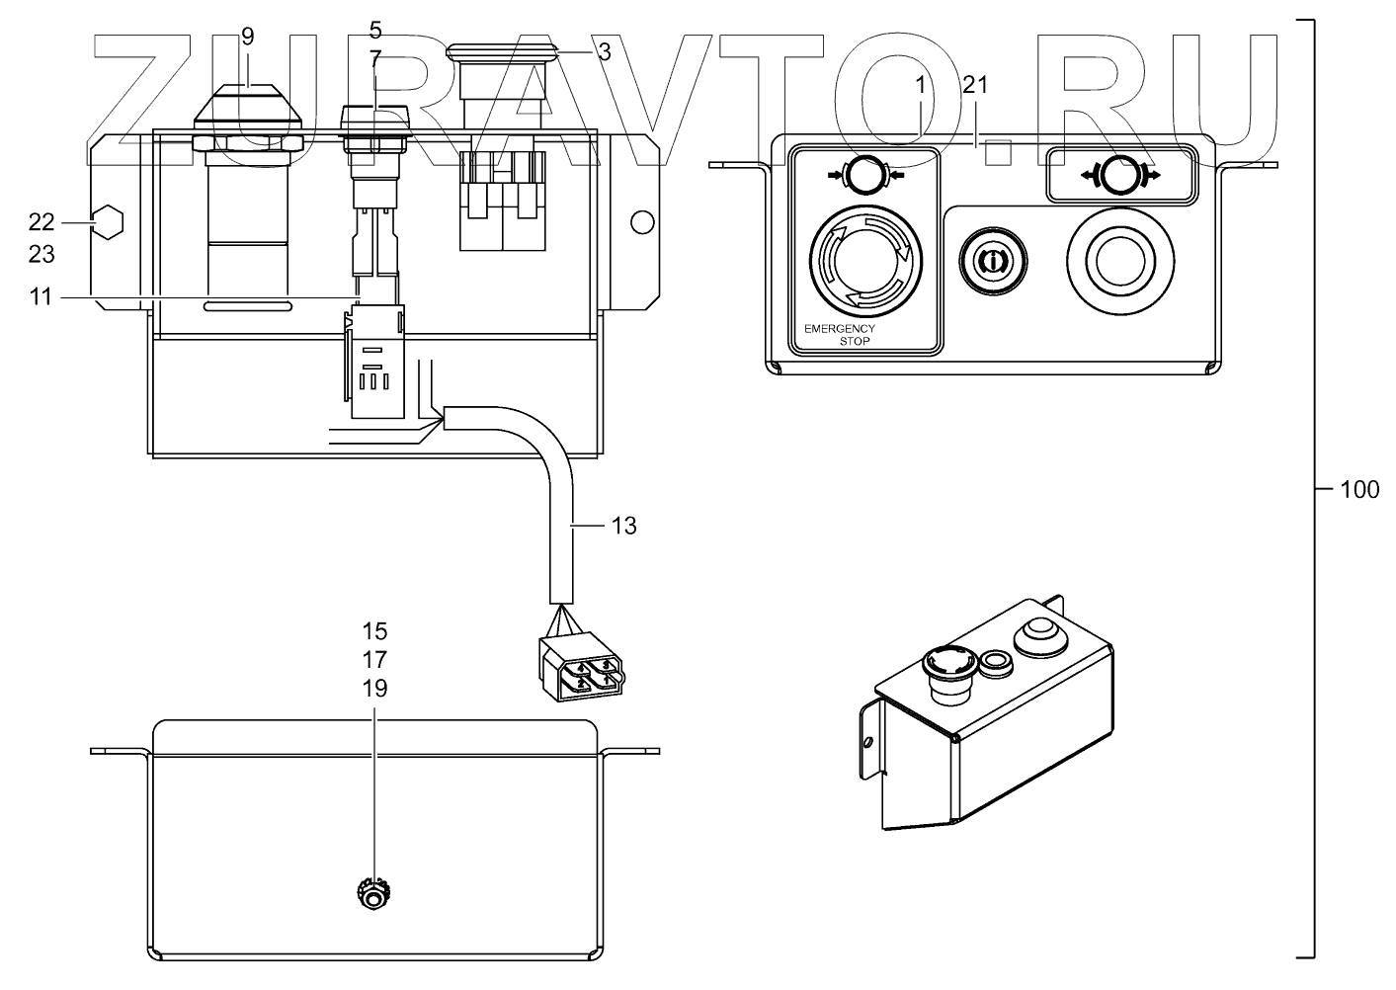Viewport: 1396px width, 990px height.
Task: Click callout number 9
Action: [x=247, y=37]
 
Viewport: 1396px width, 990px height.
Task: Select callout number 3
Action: [x=604, y=52]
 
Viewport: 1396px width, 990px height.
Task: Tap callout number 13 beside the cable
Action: [x=623, y=526]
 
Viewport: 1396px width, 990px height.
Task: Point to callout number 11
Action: [x=40, y=296]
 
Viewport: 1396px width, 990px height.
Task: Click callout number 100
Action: [x=1359, y=489]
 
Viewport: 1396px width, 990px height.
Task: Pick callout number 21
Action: [x=975, y=85]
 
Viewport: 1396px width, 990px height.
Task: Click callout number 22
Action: [x=41, y=223]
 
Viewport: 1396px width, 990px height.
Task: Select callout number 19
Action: [x=374, y=689]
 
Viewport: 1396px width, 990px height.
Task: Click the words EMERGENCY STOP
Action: [x=840, y=333]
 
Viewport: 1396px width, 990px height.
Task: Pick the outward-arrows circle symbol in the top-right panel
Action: [x=1121, y=175]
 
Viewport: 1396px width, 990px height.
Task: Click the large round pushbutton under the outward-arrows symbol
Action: [x=1119, y=259]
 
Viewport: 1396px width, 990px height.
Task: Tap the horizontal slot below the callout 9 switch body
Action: [x=247, y=307]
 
